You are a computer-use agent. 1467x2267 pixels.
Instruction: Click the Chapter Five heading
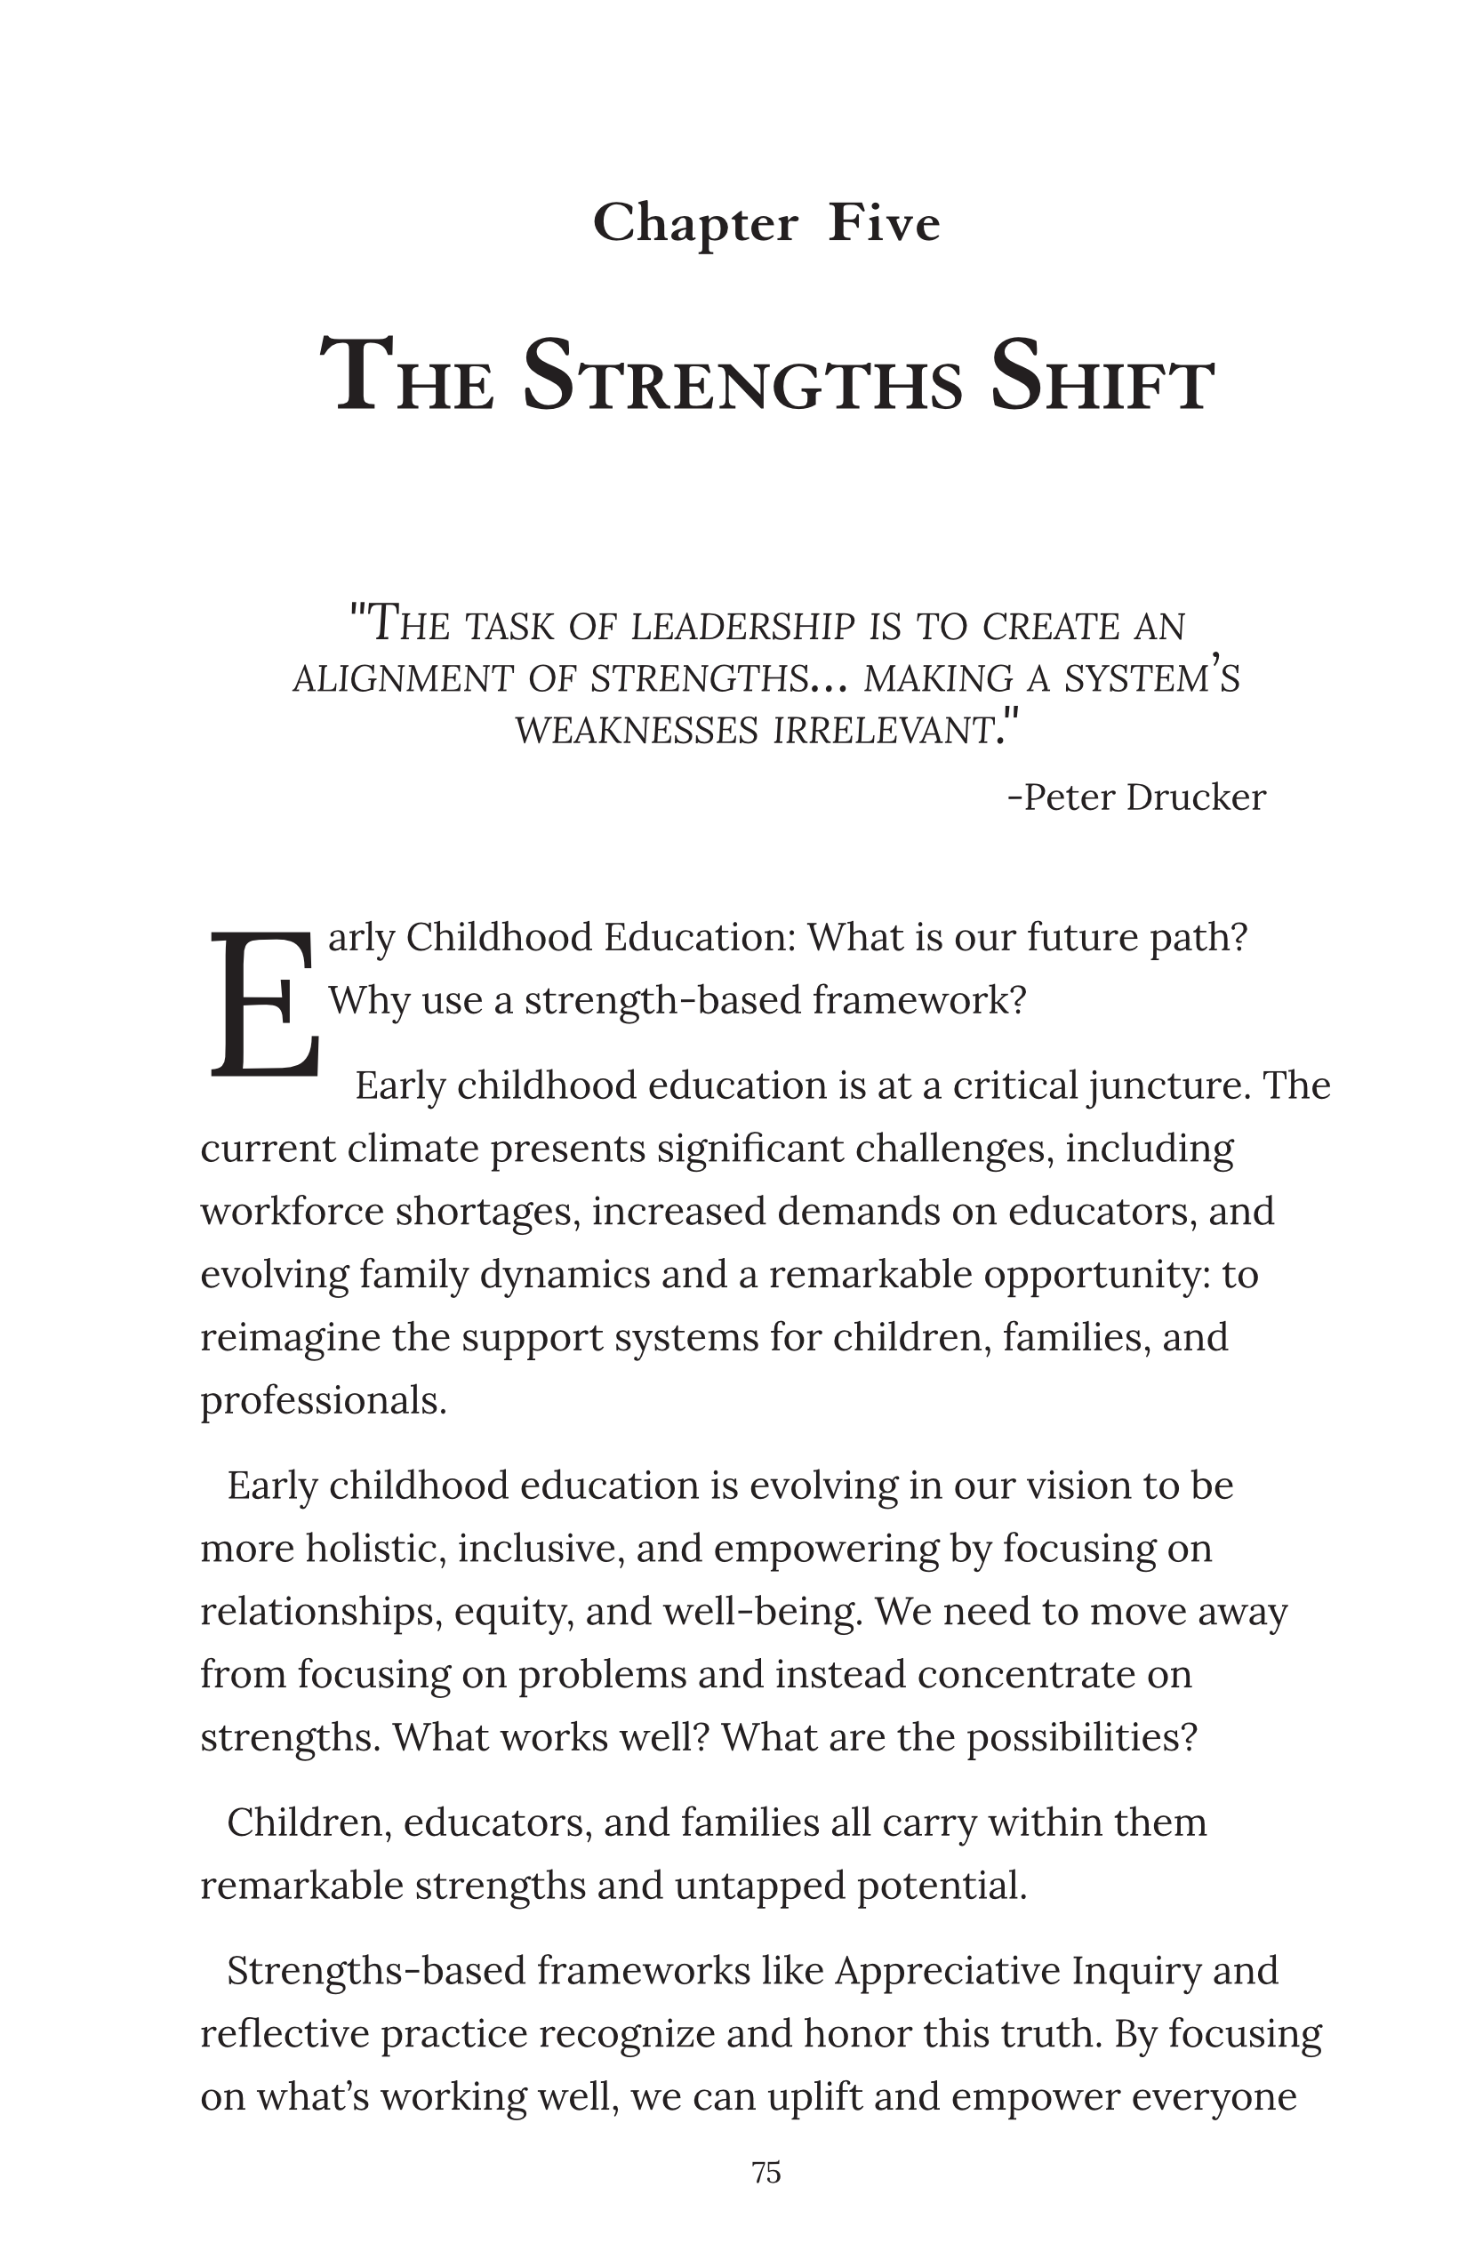(766, 224)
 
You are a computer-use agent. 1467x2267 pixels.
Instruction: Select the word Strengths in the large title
(743, 378)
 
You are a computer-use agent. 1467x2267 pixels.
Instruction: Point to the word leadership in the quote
(743, 627)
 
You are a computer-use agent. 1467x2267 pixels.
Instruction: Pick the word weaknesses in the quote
(637, 731)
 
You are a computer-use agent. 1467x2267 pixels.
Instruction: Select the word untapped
(758, 1885)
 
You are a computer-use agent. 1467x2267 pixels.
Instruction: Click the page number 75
(766, 2173)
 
